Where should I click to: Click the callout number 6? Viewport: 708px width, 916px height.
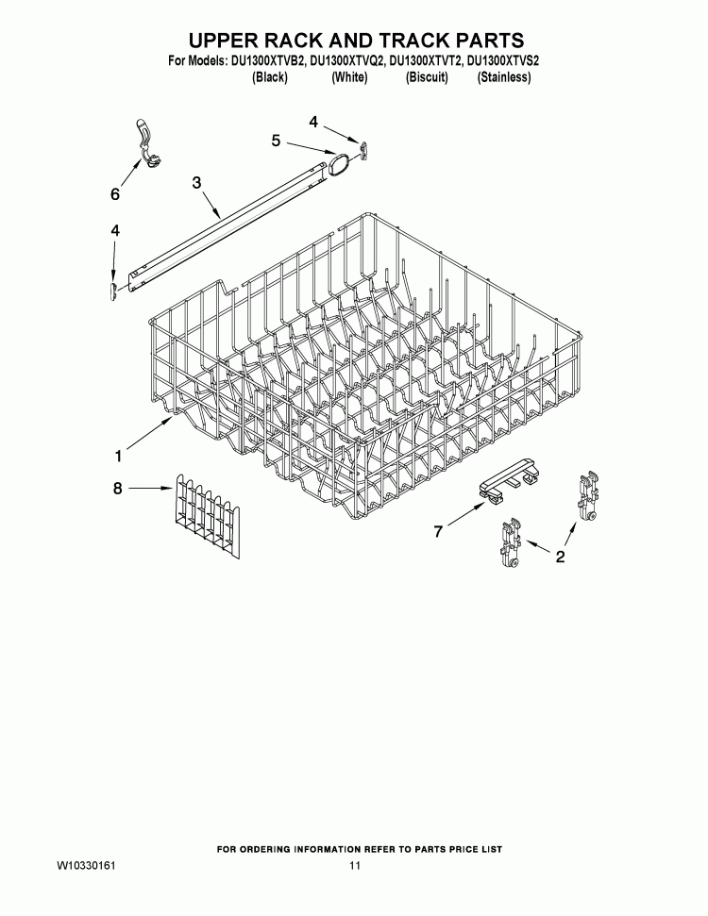pos(115,194)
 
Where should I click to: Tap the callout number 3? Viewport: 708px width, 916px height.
pos(197,183)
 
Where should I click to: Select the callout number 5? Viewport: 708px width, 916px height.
pos(276,141)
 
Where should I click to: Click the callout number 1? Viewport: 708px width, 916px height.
pos(118,457)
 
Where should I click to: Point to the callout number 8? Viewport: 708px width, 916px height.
pos(117,488)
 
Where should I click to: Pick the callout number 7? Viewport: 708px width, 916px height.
pos(438,532)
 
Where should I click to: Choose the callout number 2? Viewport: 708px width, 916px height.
pos(560,557)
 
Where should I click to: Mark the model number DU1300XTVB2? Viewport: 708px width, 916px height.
pos(264,60)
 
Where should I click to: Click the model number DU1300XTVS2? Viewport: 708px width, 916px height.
pos(503,60)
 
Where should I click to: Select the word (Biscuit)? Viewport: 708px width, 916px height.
pos(427,77)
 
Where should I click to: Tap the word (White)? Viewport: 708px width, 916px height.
pos(349,77)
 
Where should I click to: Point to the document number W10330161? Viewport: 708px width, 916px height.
pos(86,866)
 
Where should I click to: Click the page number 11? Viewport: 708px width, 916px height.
pos(354,866)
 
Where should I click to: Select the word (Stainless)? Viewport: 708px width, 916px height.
pos(504,77)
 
